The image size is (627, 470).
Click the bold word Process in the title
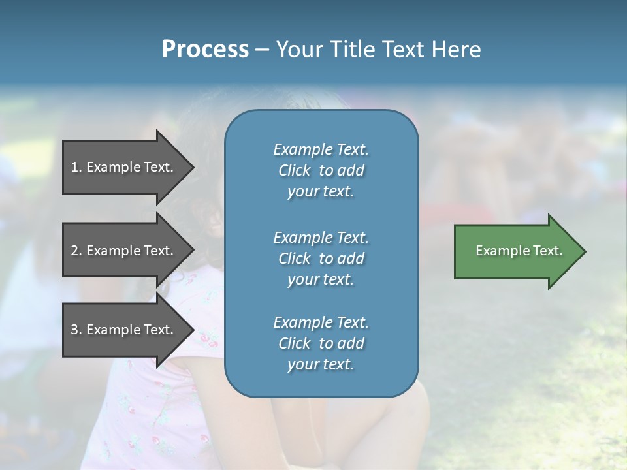(205, 50)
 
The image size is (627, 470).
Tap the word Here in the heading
(457, 50)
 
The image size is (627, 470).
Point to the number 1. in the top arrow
(76, 167)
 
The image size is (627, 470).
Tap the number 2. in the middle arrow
(76, 251)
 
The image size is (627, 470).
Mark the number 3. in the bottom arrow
(76, 330)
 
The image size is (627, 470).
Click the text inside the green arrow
(519, 251)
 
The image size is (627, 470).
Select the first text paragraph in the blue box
(321, 170)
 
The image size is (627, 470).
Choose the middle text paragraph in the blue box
(321, 258)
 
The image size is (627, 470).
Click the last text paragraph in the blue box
(321, 343)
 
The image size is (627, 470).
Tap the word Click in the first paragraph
(295, 170)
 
